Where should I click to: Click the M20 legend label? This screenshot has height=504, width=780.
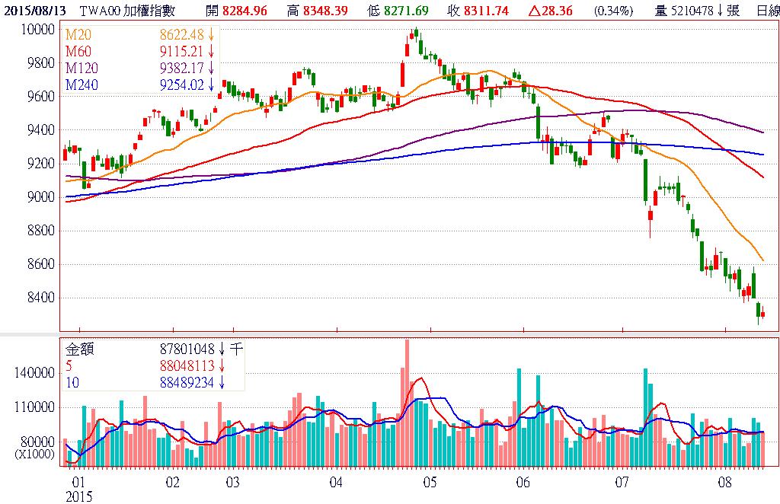pyautogui.click(x=78, y=35)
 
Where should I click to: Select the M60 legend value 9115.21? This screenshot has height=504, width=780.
pyautogui.click(x=182, y=52)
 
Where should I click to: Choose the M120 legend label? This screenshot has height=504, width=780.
pyautogui.click(x=82, y=69)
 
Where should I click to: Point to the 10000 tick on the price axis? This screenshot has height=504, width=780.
pyautogui.click(x=39, y=29)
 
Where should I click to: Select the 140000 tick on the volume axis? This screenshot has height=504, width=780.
pyautogui.click(x=37, y=373)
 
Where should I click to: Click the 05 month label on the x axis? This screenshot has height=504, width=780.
pyautogui.click(x=430, y=482)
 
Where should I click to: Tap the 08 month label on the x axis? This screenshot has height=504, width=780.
pyautogui.click(x=724, y=482)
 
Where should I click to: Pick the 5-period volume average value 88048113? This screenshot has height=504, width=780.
pyautogui.click(x=188, y=365)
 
